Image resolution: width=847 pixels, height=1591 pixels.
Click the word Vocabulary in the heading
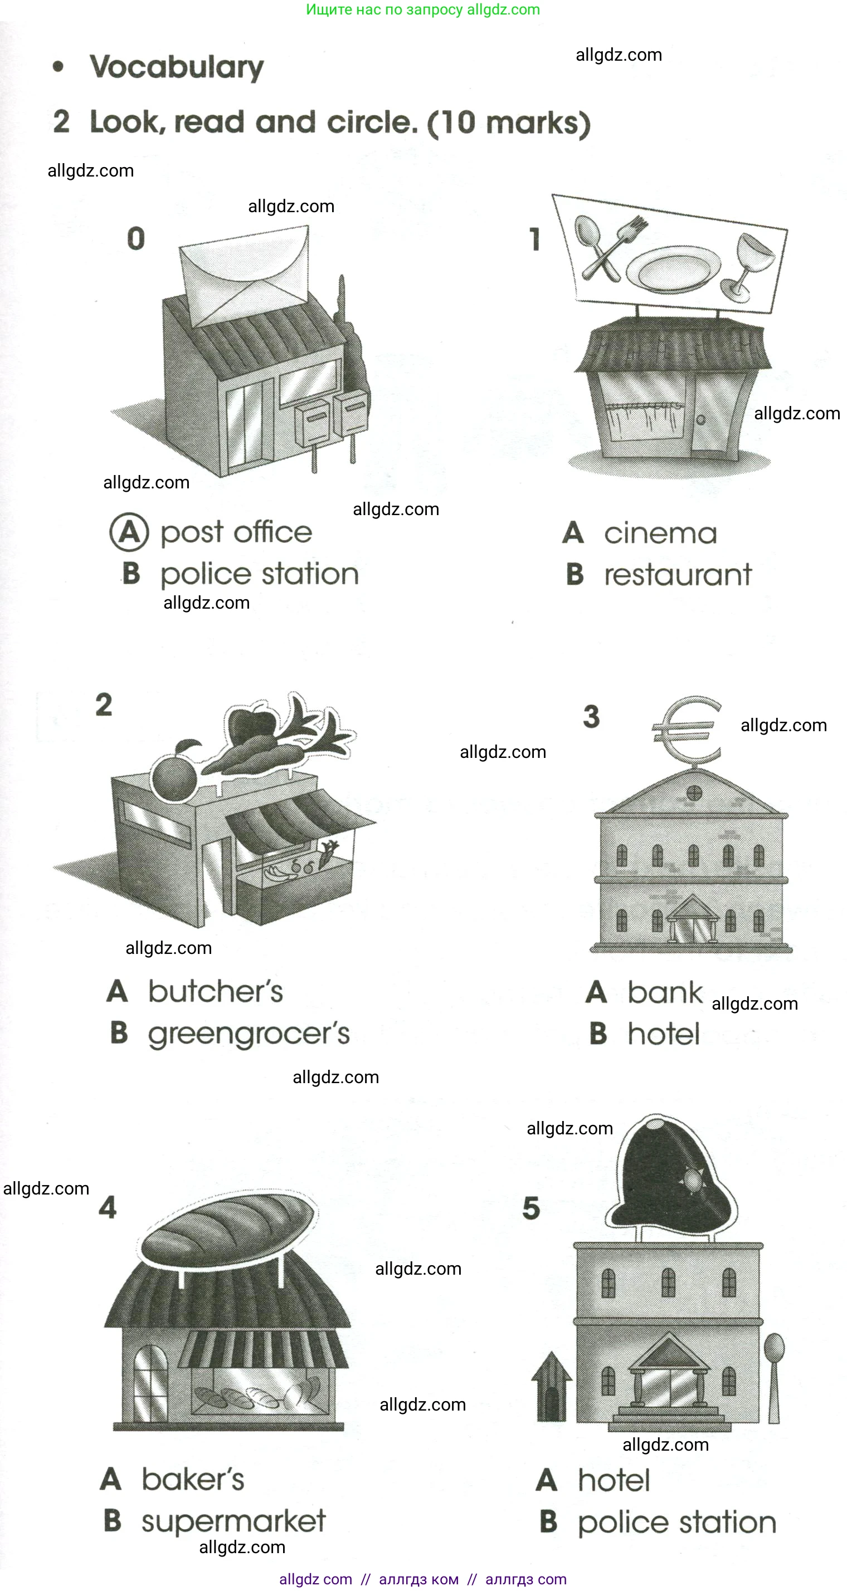(x=176, y=67)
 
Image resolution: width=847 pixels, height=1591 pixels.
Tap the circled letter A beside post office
(x=129, y=532)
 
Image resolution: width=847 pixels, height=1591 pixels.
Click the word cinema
(x=660, y=533)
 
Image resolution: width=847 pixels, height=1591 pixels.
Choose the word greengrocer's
(x=249, y=1034)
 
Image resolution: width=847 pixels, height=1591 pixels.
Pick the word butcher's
(x=215, y=992)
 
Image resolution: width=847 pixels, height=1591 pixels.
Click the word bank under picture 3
(x=665, y=992)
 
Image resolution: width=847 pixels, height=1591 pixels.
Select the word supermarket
(x=233, y=1521)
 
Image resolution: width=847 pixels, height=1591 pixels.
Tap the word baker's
(x=193, y=1479)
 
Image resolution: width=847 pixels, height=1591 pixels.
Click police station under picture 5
(x=676, y=1523)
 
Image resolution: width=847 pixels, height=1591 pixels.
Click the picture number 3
(x=591, y=717)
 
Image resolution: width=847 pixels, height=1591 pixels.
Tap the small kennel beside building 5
(x=551, y=1387)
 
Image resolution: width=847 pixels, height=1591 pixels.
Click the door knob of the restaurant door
(x=700, y=419)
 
